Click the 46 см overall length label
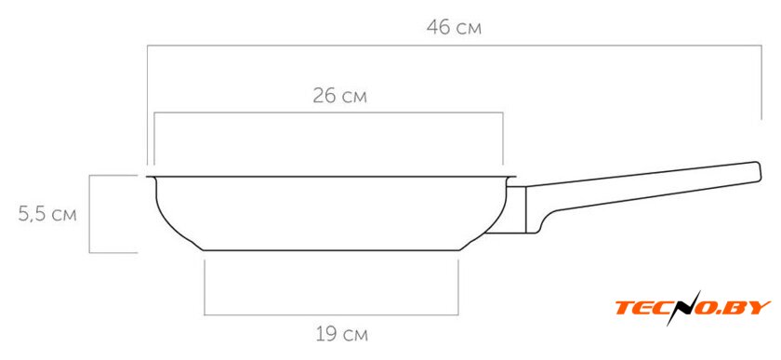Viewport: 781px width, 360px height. (454, 27)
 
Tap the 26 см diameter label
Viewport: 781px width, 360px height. (339, 96)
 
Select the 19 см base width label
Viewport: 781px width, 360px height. (342, 334)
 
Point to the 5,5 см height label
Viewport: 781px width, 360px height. (47, 214)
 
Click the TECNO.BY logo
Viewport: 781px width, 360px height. (693, 308)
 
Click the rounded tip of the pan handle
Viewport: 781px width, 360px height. (758, 171)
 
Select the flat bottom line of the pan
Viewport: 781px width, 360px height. (331, 250)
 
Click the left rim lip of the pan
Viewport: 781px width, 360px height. (152, 178)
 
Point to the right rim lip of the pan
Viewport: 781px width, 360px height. (511, 178)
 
